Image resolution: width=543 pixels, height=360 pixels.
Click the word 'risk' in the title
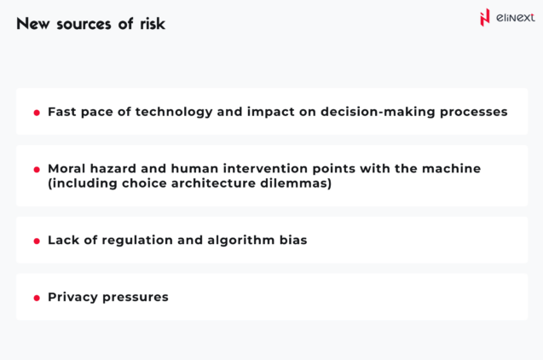(152, 24)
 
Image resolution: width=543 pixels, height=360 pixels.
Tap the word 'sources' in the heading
(87, 24)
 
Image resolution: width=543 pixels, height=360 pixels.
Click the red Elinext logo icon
(486, 17)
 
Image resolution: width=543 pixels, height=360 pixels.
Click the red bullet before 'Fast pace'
(37, 113)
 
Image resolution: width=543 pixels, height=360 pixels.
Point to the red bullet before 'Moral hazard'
(37, 170)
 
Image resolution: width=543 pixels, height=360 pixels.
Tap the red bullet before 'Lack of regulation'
(37, 241)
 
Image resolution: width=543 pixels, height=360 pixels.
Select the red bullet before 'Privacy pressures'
(37, 298)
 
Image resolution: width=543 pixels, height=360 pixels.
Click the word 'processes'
(471, 112)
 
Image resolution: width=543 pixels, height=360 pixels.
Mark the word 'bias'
(292, 241)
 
